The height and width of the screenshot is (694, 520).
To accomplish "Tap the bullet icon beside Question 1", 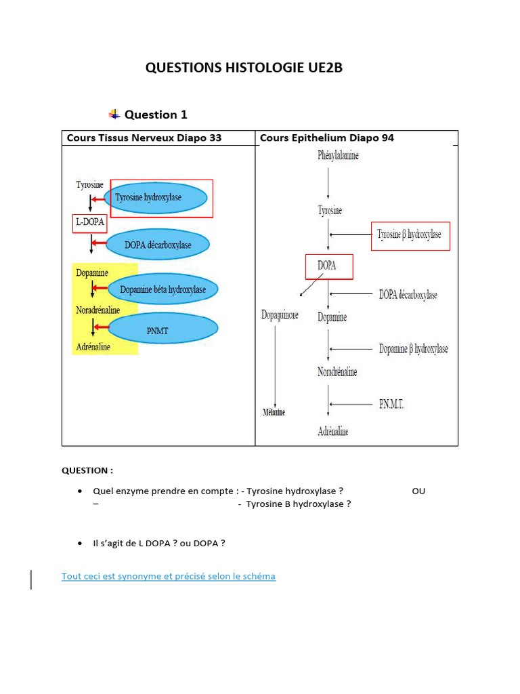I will (x=114, y=114).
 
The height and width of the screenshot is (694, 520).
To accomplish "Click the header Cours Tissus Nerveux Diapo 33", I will (x=144, y=138).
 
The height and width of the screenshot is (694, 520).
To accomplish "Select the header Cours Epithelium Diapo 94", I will (x=327, y=138).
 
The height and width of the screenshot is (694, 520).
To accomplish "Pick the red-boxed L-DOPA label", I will (x=89, y=224).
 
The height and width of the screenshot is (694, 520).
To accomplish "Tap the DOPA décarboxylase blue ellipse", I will (x=158, y=245).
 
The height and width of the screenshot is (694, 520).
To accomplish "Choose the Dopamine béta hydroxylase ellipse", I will (x=162, y=289).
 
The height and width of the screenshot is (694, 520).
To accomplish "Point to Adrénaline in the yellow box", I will (x=93, y=347).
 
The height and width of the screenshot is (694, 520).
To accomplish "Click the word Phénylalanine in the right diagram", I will (x=338, y=156).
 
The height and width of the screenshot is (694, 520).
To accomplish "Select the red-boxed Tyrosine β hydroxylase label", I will (x=409, y=235).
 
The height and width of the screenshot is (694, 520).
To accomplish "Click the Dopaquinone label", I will (x=280, y=315).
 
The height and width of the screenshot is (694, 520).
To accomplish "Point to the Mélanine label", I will (x=274, y=412).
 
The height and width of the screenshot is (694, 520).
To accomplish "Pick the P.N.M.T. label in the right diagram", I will (x=401, y=405).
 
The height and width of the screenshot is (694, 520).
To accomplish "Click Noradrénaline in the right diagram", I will (x=337, y=372).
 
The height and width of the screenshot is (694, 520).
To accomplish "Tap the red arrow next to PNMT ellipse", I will (x=101, y=327).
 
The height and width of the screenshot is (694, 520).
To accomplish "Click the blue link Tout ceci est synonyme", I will (x=169, y=576).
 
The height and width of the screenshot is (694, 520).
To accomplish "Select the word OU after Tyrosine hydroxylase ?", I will (x=418, y=491).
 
